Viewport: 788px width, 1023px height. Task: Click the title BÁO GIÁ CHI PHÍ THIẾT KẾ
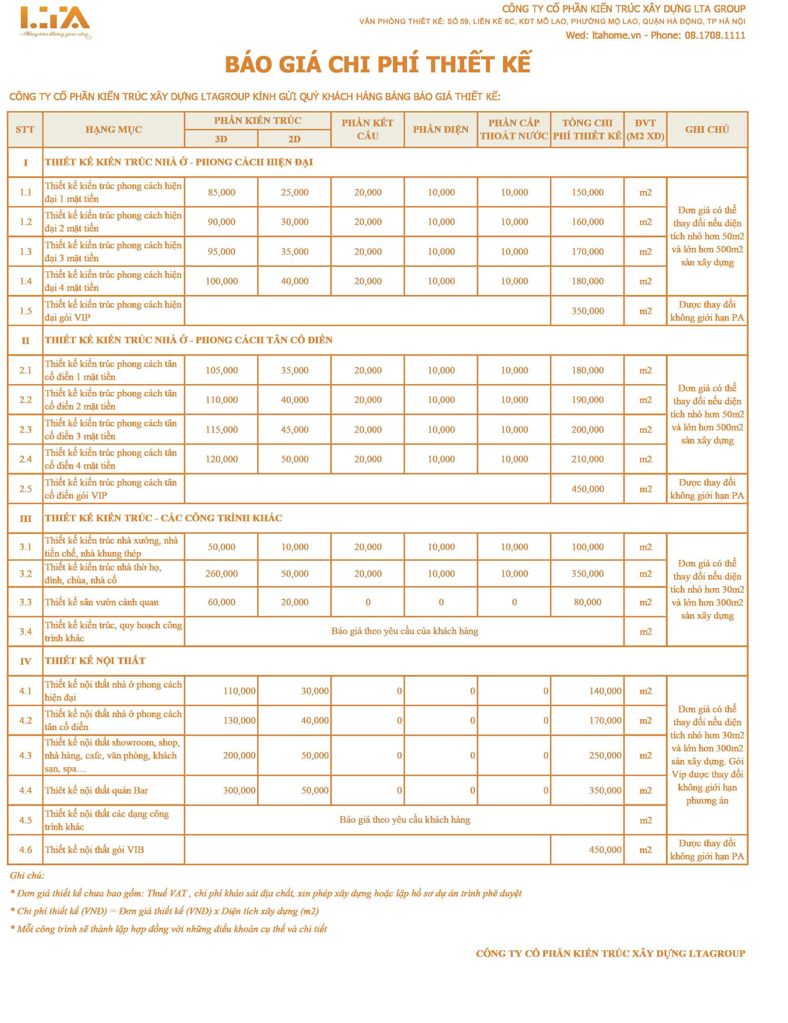(378, 65)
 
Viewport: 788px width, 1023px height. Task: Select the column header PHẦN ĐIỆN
(440, 130)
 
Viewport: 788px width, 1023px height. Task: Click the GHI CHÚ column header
(706, 130)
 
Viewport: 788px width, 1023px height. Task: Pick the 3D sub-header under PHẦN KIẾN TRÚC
(221, 139)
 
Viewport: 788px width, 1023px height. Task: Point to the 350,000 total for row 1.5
(587, 311)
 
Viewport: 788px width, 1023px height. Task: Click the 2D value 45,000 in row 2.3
(294, 430)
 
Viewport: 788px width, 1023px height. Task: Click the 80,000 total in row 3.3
(587, 602)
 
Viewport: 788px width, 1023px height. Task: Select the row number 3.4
(25, 632)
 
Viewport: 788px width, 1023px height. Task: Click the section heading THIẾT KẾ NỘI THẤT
(95, 661)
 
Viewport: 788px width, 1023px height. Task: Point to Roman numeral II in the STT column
(25, 340)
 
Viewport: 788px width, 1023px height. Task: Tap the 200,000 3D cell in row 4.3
(239, 756)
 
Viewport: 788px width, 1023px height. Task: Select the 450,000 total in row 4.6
(605, 850)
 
